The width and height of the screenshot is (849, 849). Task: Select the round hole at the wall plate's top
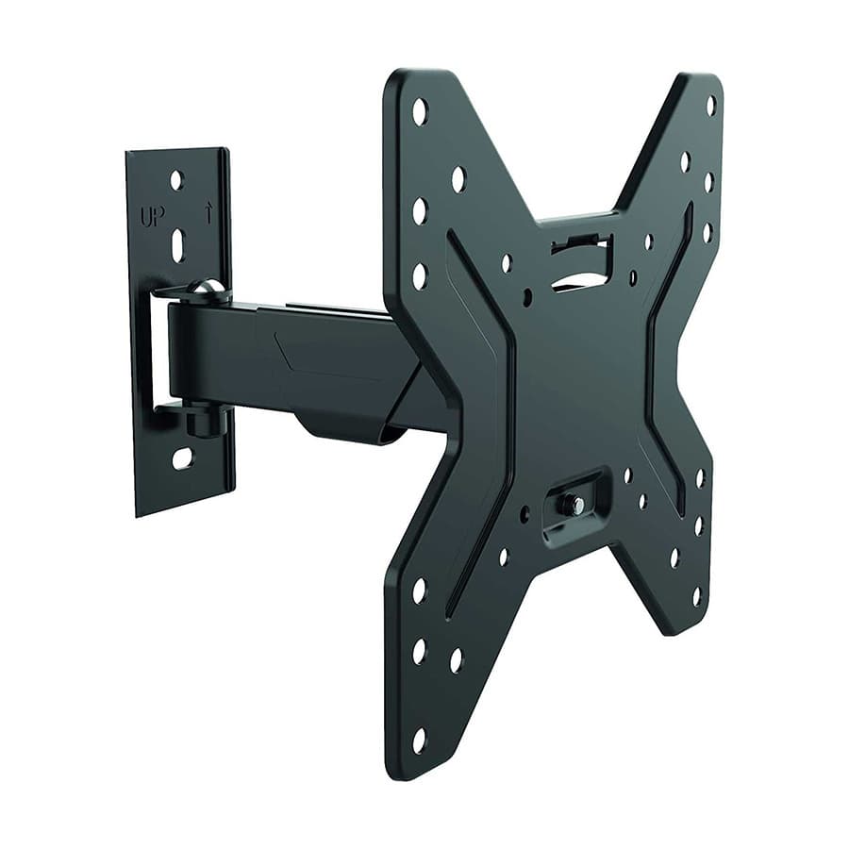pos(175,178)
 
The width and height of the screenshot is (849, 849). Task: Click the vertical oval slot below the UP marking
pos(177,246)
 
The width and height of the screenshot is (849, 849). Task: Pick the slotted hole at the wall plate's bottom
pos(182,458)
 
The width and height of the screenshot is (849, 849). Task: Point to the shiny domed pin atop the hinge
pos(206,288)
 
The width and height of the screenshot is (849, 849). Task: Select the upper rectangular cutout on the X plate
pos(581,262)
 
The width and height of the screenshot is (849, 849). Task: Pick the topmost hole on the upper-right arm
pos(710,105)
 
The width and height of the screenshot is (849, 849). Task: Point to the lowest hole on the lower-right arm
pos(696,596)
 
